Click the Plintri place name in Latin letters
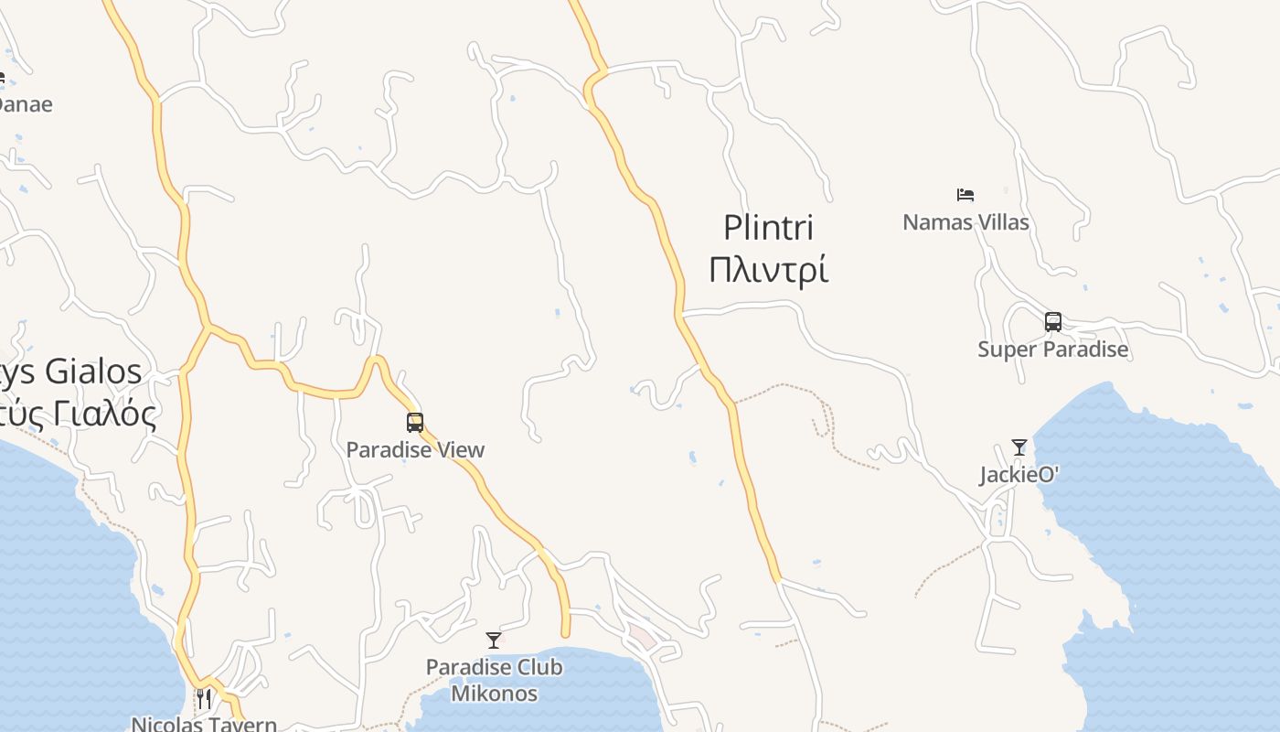click(x=768, y=227)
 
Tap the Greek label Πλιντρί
click(x=768, y=270)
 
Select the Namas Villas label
click(x=965, y=222)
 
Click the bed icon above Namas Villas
click(x=965, y=194)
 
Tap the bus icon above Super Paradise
click(x=1053, y=322)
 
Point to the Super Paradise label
click(x=1052, y=350)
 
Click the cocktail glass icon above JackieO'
click(x=1019, y=447)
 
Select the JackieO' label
click(x=1019, y=475)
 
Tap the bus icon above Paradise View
click(x=415, y=423)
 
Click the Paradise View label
click(x=415, y=450)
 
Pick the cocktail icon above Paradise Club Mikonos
click(x=494, y=640)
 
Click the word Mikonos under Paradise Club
click(x=494, y=694)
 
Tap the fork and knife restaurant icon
click(x=204, y=699)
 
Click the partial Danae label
click(x=23, y=104)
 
